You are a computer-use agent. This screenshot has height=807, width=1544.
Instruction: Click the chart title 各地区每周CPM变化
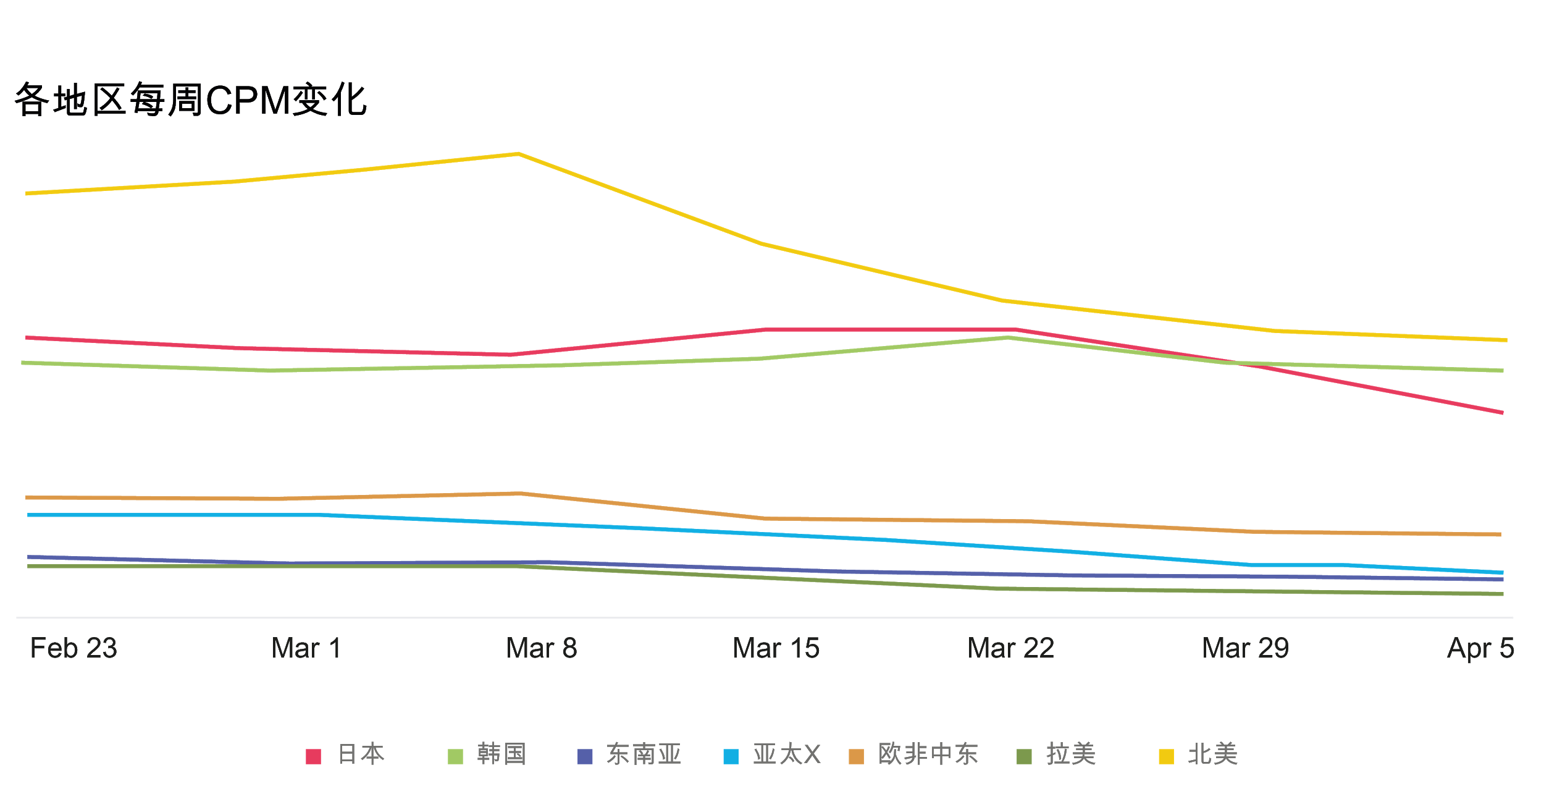coord(191,100)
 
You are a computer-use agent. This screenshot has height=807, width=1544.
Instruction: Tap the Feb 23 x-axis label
coord(73,648)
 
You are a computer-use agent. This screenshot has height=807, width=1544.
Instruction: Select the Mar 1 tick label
coord(307,648)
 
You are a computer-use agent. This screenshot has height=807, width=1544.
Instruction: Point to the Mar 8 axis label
coord(542,648)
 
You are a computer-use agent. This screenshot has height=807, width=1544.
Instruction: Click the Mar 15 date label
coord(776,648)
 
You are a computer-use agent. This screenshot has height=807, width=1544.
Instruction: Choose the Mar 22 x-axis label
coord(1011,648)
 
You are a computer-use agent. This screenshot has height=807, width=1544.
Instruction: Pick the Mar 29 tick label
coord(1246,648)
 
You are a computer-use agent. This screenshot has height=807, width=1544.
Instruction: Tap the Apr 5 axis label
coord(1480,648)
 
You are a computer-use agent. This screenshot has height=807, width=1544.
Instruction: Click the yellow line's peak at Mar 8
coord(518,153)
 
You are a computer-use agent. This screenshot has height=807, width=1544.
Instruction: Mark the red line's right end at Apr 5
coord(1502,412)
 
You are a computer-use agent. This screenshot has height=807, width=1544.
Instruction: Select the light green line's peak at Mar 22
coord(1008,337)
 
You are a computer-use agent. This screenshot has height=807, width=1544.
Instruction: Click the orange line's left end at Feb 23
coord(27,497)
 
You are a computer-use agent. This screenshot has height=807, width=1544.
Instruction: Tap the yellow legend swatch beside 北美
coord(1166,756)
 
